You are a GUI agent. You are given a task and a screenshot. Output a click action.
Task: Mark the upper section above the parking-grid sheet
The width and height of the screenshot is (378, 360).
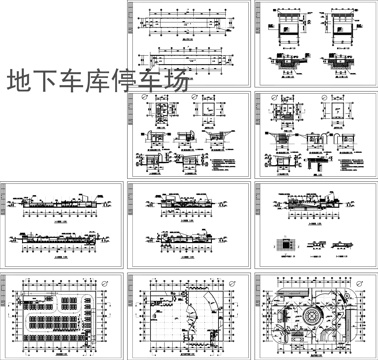pos(60,207)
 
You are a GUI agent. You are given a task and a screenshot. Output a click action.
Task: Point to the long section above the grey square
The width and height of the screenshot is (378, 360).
pos(314,207)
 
